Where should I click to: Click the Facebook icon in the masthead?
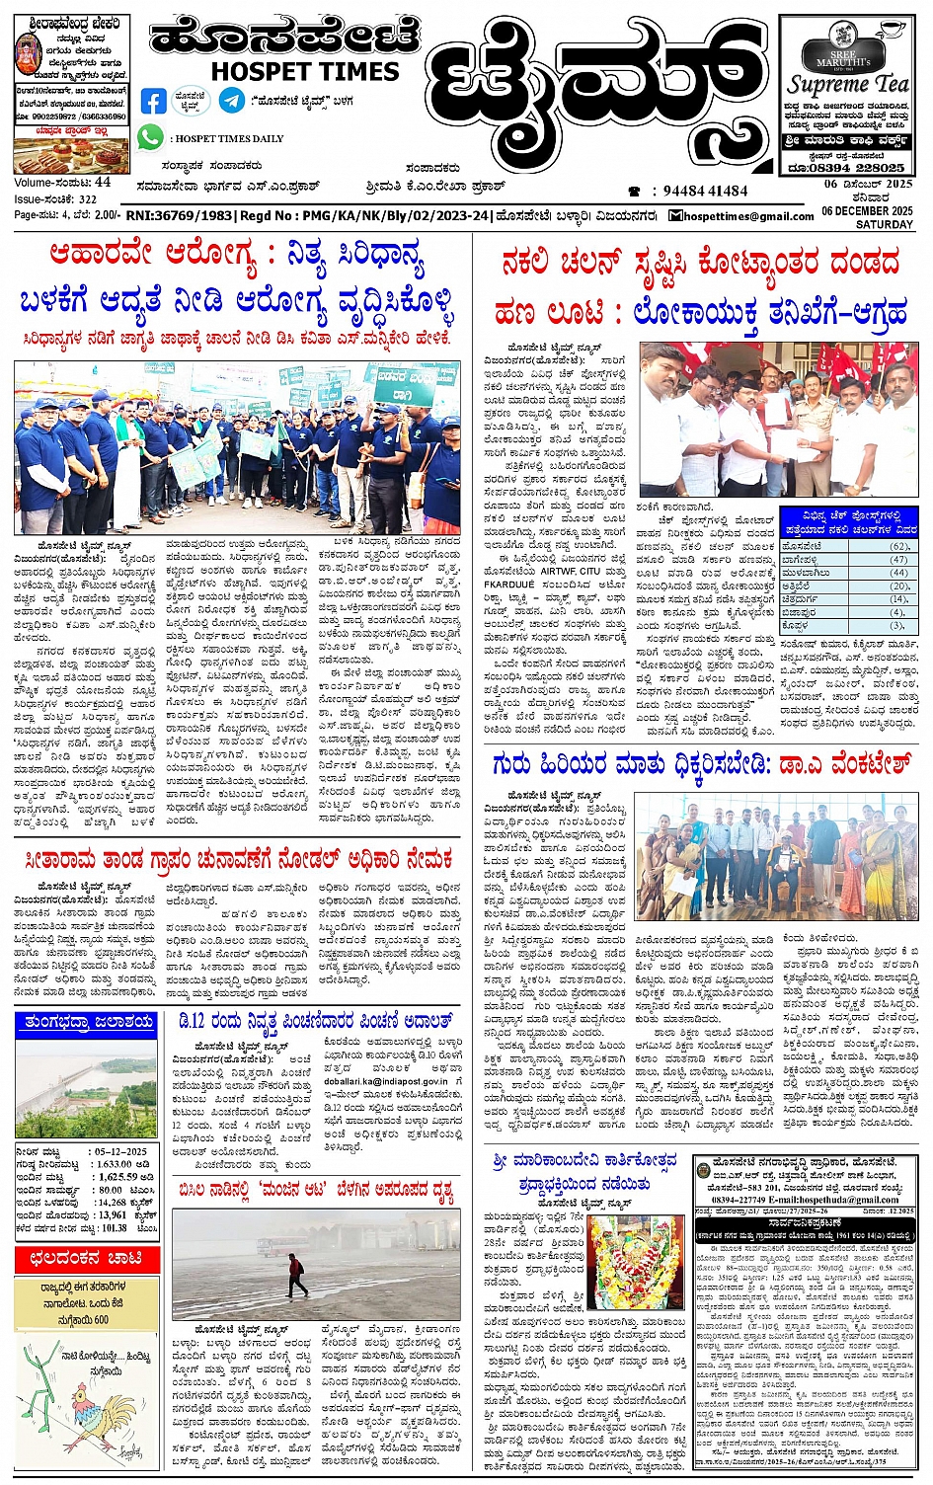(x=153, y=101)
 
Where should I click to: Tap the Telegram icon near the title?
(x=232, y=100)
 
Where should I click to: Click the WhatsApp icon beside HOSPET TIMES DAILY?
(x=150, y=137)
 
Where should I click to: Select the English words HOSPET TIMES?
(x=305, y=71)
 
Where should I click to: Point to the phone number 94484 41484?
(x=705, y=192)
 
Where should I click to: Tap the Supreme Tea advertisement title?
(x=847, y=84)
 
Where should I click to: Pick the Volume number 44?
(x=103, y=183)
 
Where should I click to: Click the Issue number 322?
(x=88, y=198)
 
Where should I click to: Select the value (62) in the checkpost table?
(x=898, y=546)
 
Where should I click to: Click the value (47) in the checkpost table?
(x=898, y=559)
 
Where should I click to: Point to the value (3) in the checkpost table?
(x=898, y=625)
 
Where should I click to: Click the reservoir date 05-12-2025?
(x=119, y=1151)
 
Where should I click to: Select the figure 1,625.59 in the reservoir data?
(x=117, y=1177)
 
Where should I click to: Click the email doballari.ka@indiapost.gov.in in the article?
(x=385, y=1081)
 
